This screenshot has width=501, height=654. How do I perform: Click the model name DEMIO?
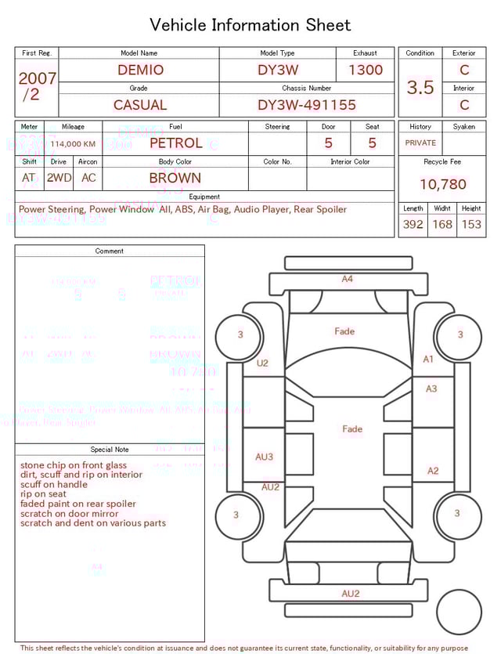140,70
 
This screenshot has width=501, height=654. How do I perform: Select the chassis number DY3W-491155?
307,105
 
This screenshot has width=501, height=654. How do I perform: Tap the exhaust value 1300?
366,70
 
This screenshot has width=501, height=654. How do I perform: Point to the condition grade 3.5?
420,88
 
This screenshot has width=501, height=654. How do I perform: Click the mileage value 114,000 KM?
73,144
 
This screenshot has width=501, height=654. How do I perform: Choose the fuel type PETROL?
175,143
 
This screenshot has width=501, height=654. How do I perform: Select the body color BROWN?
175,178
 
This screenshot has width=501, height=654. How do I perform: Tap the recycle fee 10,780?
442,184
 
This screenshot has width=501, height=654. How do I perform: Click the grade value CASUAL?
140,105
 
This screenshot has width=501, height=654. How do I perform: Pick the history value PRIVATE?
420,143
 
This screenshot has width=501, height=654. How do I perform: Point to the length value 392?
413,224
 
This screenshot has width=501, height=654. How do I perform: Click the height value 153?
471,224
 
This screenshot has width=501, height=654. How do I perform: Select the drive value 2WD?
59,178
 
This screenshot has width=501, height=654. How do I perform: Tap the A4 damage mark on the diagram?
347,279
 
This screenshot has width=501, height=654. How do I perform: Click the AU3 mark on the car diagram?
264,457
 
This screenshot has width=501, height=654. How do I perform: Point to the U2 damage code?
262,363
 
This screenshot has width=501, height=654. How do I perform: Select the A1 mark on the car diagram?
428,359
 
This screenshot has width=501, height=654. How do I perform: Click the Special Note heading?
110,450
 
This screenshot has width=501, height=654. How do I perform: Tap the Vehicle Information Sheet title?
250,25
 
